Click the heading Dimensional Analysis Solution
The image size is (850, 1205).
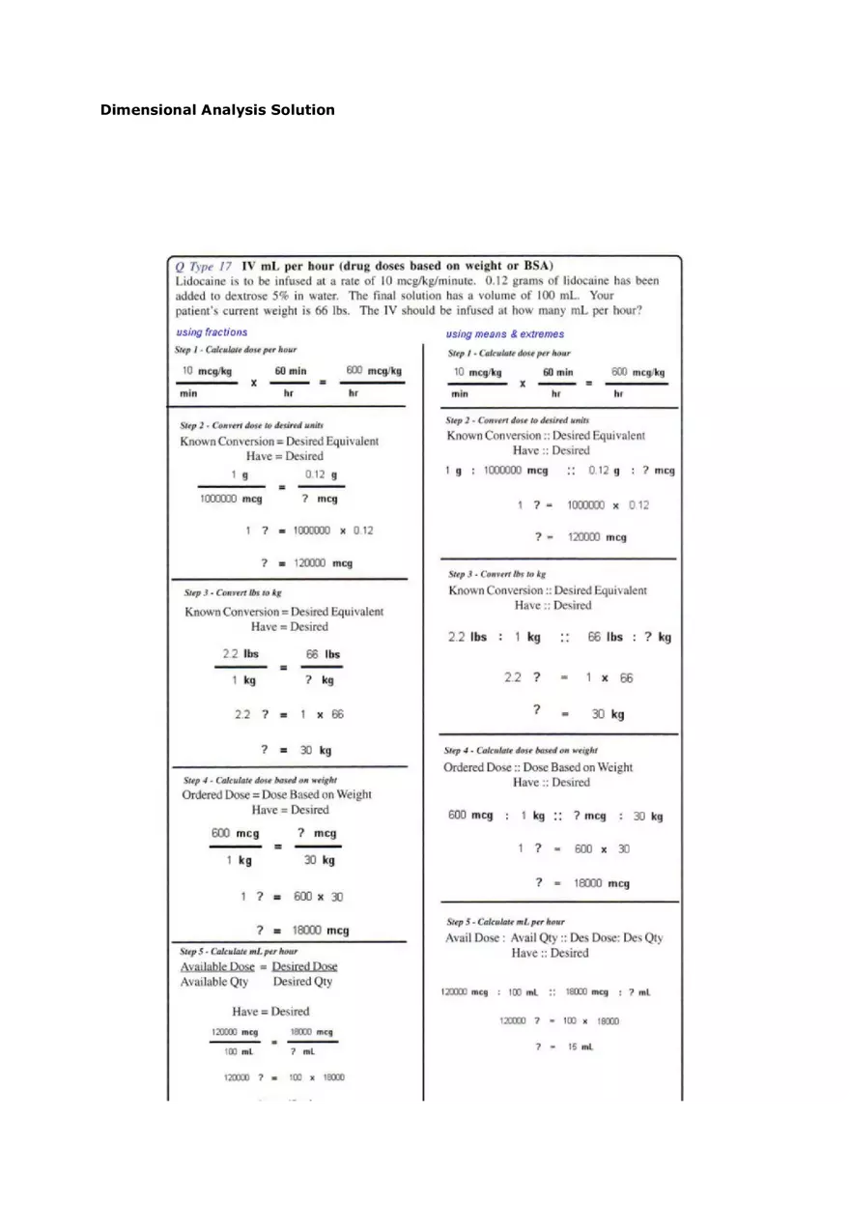point(217,110)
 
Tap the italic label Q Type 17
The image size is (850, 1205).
point(204,266)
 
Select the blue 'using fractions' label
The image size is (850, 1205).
point(212,332)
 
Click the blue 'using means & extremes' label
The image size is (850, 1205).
point(505,334)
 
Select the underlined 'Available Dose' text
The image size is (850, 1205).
point(217,966)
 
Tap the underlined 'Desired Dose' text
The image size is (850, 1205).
point(304,966)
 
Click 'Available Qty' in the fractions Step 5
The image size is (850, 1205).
point(213,982)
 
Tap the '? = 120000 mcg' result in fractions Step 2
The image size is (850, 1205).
point(306,563)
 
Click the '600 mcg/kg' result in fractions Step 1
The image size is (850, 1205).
point(373,371)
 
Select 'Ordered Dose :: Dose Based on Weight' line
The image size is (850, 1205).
point(538,767)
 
